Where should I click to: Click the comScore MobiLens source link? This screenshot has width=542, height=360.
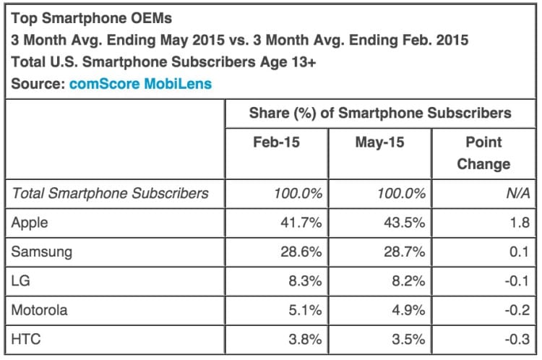[141, 84]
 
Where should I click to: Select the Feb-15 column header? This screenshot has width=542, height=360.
[276, 142]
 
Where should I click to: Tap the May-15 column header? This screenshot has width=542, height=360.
[379, 142]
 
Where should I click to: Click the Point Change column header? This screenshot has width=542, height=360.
[483, 153]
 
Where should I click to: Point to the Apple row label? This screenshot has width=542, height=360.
[30, 223]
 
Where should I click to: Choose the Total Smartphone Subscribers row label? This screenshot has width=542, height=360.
[110, 193]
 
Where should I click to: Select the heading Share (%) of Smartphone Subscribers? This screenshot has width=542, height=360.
[380, 113]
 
